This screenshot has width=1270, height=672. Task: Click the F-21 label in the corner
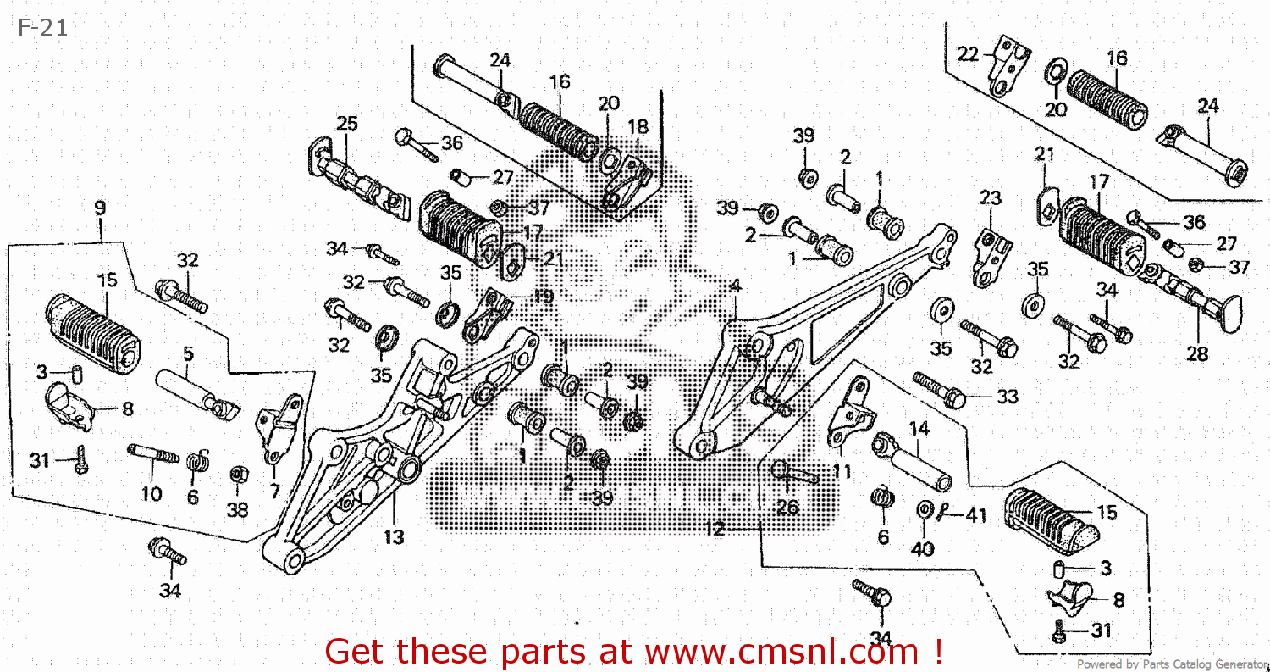click(x=41, y=28)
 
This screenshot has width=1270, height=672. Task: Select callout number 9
click(x=100, y=208)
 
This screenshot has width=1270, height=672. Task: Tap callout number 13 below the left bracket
click(x=394, y=536)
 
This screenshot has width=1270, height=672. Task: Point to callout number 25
click(x=346, y=124)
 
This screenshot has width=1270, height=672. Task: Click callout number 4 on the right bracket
click(x=735, y=286)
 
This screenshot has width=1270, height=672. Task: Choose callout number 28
click(x=1196, y=354)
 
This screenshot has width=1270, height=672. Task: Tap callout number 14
click(x=919, y=429)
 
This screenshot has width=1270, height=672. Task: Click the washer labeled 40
click(x=924, y=510)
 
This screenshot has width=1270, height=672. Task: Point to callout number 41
click(x=976, y=514)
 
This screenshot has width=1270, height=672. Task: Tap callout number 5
click(x=187, y=353)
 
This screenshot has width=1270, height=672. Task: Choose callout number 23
click(x=990, y=198)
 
